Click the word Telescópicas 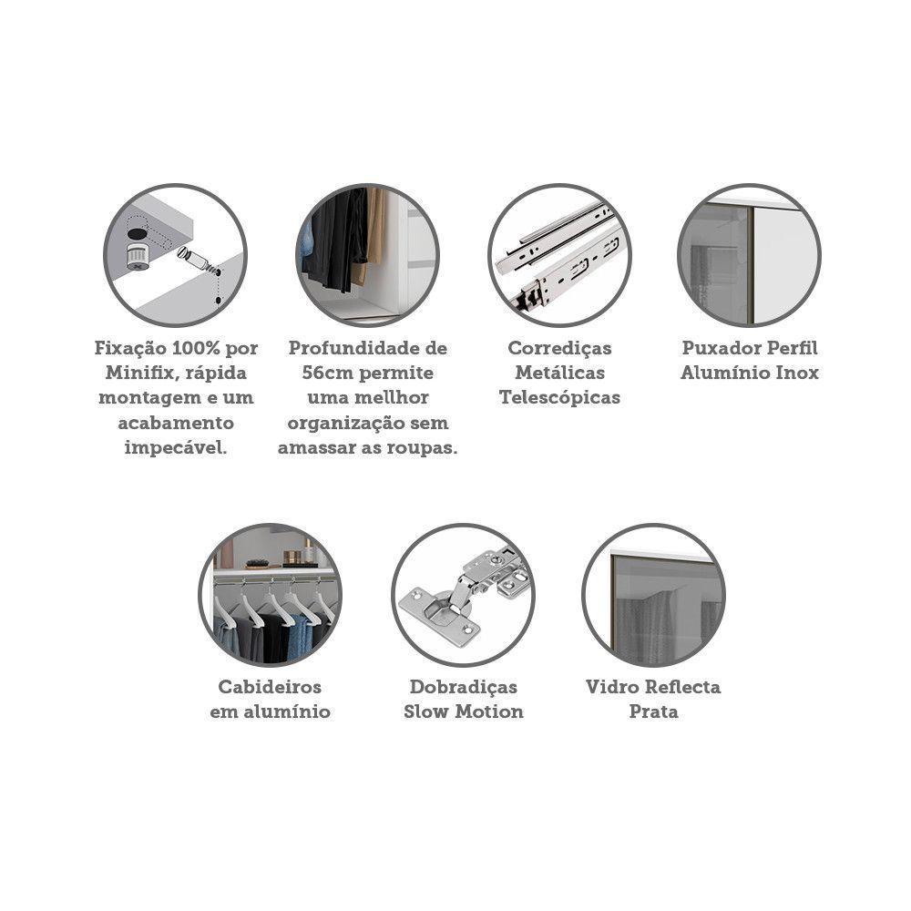(x=559, y=398)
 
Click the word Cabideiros (x=270, y=687)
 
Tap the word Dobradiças (x=463, y=687)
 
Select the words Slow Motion (x=463, y=711)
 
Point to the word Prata (x=653, y=711)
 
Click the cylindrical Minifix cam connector (x=138, y=258)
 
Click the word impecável (x=176, y=448)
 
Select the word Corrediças (x=559, y=349)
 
